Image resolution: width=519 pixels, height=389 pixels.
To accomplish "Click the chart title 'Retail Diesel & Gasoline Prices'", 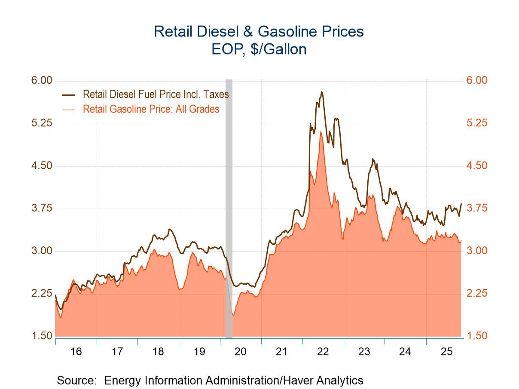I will [x=259, y=31].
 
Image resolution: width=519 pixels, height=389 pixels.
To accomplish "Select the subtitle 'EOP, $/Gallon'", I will [x=259, y=49].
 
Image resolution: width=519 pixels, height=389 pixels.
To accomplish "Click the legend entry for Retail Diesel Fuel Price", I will [x=156, y=94].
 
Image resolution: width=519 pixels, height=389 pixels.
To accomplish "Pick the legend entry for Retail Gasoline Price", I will [x=151, y=109].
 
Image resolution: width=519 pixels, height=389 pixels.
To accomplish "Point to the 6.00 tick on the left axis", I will [x=42, y=81].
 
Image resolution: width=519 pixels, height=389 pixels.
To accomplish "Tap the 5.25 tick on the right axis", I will [x=476, y=123].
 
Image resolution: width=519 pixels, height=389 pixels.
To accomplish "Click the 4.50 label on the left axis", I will [x=42, y=166].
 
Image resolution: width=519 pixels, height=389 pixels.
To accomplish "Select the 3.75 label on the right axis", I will [x=476, y=208].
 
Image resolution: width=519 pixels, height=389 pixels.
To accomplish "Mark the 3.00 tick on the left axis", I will [x=42, y=251].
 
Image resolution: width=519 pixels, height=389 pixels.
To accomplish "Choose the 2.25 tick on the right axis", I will [x=476, y=293].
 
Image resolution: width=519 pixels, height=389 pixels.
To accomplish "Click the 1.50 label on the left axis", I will [x=42, y=336].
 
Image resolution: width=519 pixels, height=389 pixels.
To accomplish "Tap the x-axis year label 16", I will [x=76, y=352].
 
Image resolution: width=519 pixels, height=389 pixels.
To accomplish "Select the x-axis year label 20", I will [x=240, y=352].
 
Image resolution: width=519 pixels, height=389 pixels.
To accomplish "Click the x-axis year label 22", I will [x=323, y=352].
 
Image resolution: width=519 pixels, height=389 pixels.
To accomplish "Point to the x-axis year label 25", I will [x=446, y=352].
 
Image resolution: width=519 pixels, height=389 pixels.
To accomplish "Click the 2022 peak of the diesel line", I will [x=321, y=91].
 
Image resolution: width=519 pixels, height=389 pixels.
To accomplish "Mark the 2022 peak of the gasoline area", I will [x=321, y=132].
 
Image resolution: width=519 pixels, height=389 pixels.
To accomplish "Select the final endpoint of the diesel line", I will [x=461, y=204].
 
